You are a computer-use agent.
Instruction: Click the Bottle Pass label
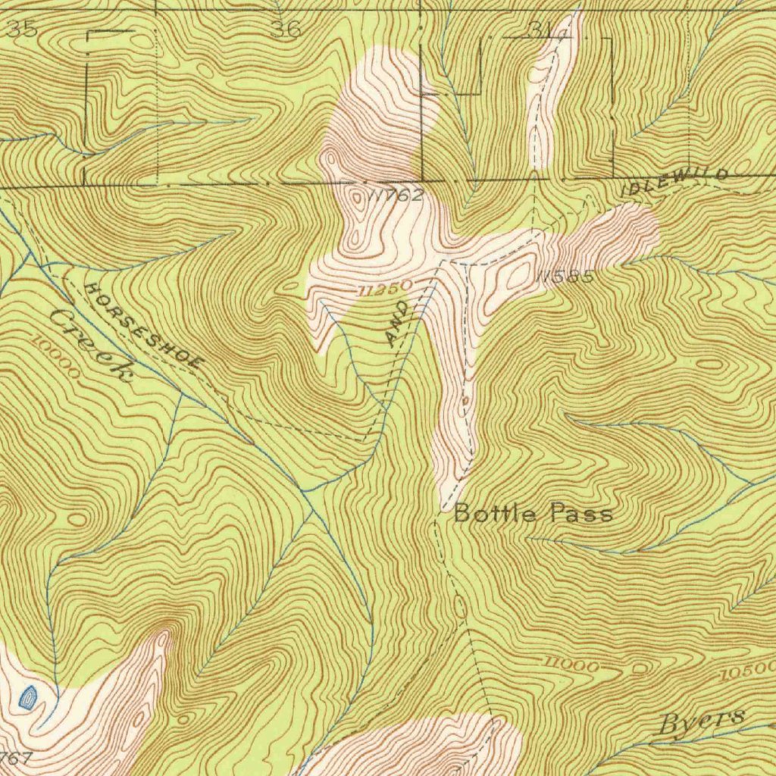(x=533, y=515)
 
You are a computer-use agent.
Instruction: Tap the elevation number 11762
(x=396, y=196)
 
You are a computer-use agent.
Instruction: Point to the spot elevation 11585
(x=564, y=278)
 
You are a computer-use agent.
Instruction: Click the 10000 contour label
(x=56, y=356)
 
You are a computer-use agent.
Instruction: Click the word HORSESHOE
(x=144, y=326)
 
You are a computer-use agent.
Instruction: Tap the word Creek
(x=91, y=345)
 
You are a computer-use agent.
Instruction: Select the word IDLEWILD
(x=674, y=182)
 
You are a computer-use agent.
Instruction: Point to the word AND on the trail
(x=399, y=324)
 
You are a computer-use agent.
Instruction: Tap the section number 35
(x=20, y=30)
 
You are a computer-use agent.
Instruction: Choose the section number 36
(x=285, y=30)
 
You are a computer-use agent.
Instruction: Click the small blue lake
(x=28, y=696)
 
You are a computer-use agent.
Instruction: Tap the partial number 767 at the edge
(x=15, y=758)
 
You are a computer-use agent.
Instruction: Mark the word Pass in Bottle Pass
(x=581, y=515)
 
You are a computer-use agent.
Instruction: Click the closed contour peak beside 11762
(x=357, y=199)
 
